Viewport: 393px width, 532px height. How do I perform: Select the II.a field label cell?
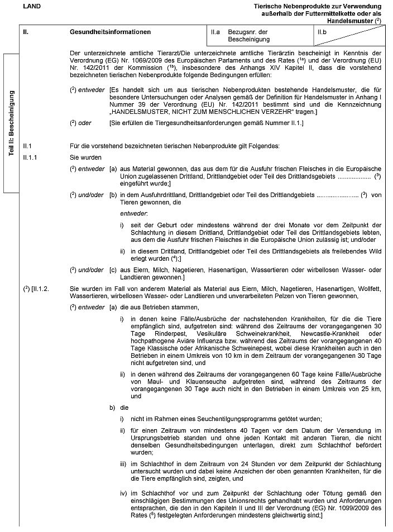click(215, 32)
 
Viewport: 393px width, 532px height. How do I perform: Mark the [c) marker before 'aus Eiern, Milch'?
click(113, 270)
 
